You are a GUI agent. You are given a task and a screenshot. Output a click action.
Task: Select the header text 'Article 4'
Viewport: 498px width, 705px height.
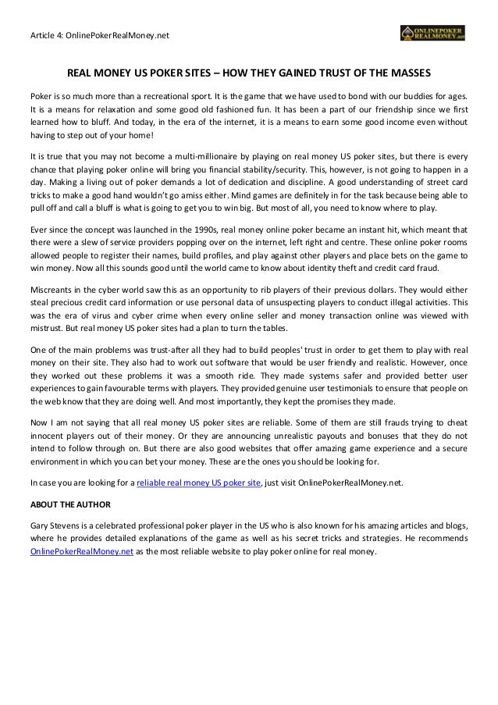44,35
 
